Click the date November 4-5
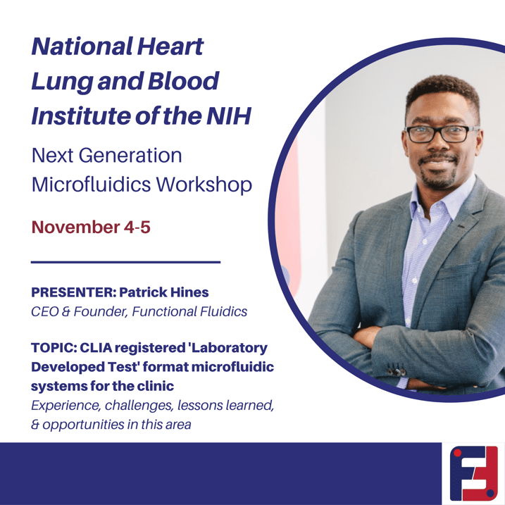point(90,227)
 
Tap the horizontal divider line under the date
point(126,262)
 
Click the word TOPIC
point(54,348)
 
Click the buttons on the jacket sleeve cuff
point(397,370)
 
